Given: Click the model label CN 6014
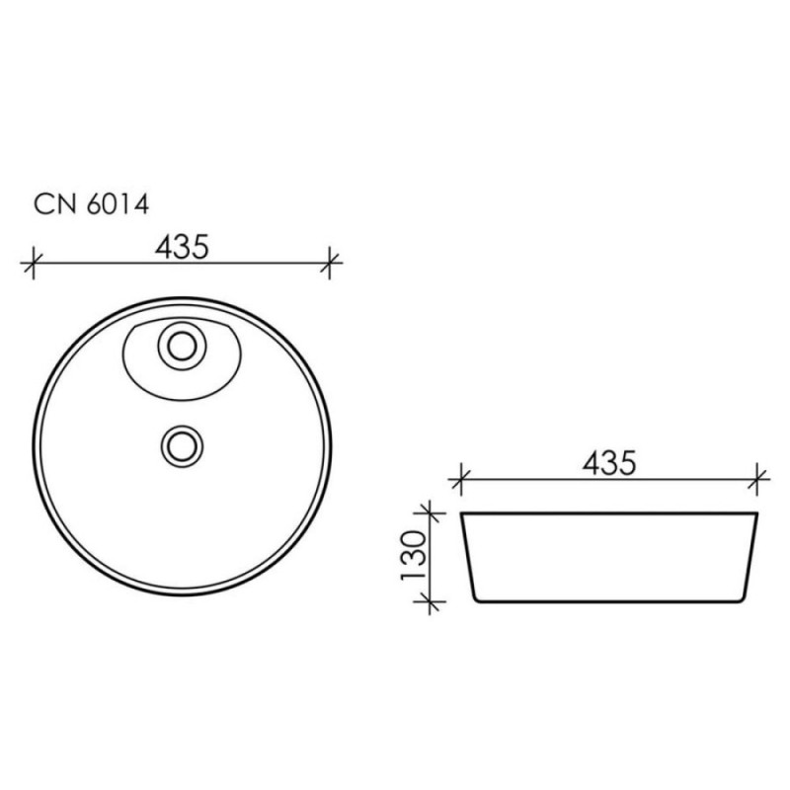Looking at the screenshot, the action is point(91,204).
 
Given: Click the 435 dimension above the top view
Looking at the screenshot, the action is point(182,248).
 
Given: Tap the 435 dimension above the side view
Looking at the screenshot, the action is point(609,463).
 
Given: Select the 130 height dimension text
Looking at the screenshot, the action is point(414,556).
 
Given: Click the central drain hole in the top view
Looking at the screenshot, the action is point(182,446).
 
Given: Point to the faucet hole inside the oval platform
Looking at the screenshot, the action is point(182,347).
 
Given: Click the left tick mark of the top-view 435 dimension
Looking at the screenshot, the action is point(34,263).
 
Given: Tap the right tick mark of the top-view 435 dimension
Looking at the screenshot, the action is point(329,263).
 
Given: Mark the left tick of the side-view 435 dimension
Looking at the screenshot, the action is point(460,479).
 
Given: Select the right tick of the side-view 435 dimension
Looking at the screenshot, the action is point(756,479).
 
